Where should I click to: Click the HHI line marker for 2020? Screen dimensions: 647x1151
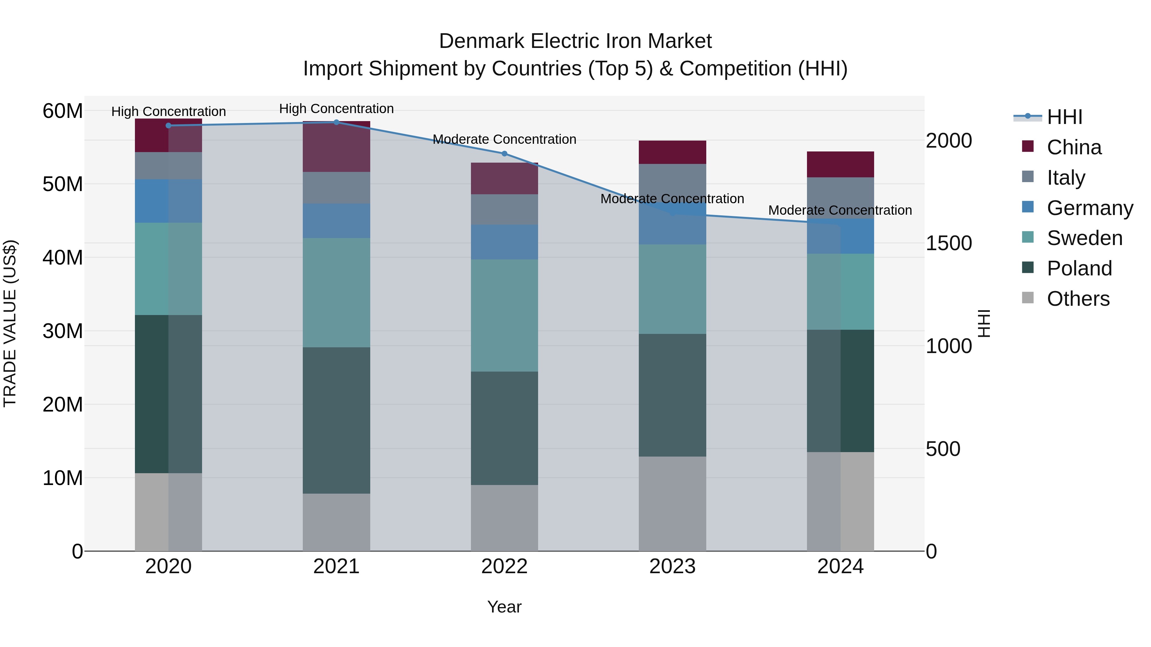click(x=168, y=126)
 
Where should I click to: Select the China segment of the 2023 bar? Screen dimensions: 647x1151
click(x=672, y=152)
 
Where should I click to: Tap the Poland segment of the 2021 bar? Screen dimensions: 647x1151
click(x=336, y=420)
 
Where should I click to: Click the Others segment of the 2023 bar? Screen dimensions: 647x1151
click(x=672, y=503)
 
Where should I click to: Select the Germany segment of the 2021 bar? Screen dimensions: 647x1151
click(x=336, y=220)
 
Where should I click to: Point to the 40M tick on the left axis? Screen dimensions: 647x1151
click(x=63, y=258)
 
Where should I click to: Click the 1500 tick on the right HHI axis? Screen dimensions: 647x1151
click(x=948, y=243)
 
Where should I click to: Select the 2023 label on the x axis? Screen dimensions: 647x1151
click(x=672, y=566)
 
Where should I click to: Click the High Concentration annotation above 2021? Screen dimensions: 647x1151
click(x=336, y=109)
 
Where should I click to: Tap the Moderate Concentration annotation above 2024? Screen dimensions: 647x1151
click(x=840, y=210)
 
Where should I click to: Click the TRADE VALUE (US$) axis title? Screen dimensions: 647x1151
click(x=10, y=323)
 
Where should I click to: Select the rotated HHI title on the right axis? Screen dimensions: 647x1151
click(x=984, y=323)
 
